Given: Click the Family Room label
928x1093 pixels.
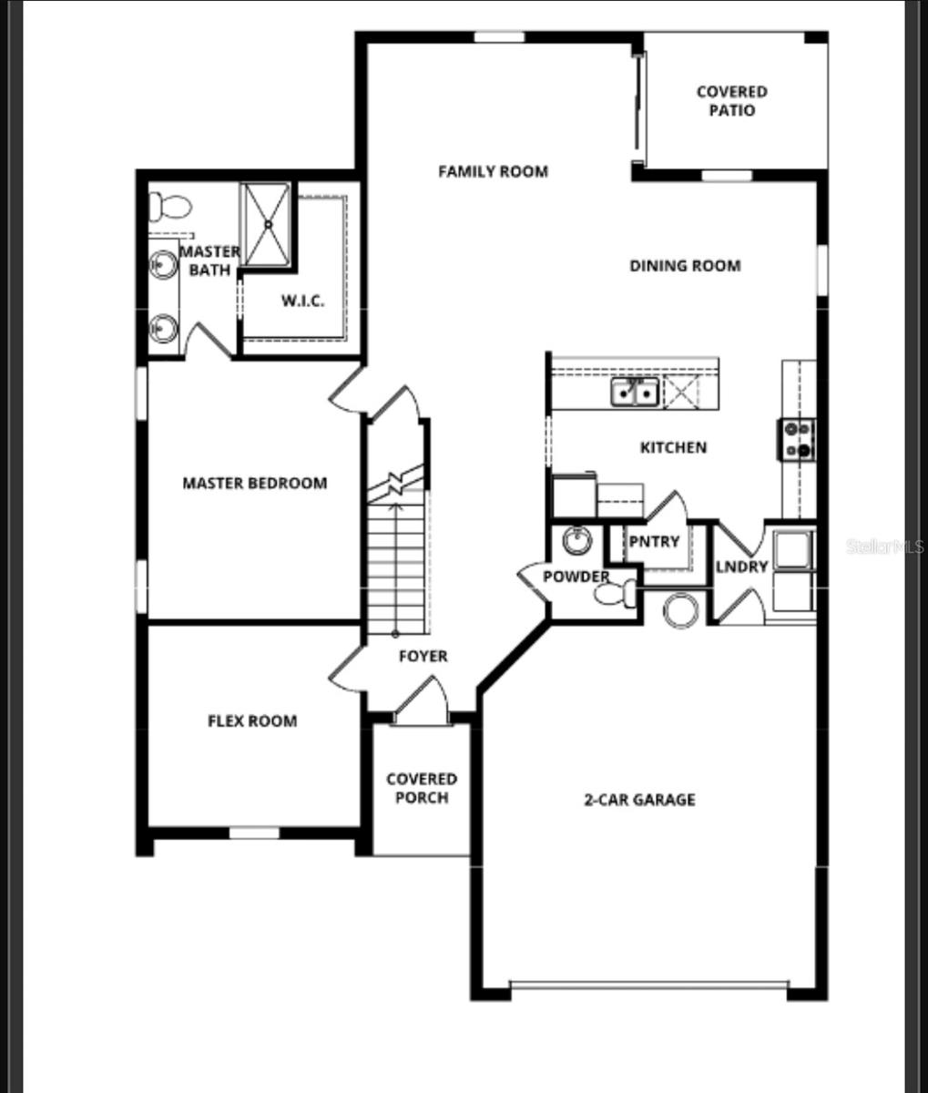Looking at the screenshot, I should [493, 171].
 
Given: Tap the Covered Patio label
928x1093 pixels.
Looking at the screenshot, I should [731, 101].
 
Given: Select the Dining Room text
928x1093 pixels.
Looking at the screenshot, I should [685, 266].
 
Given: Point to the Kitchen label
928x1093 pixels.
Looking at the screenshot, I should [673, 447].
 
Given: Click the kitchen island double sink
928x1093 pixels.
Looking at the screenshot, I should [635, 393].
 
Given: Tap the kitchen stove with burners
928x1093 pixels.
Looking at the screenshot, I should [796, 439].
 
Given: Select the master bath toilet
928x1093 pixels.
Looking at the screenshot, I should [169, 207].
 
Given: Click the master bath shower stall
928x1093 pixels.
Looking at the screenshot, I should [266, 224].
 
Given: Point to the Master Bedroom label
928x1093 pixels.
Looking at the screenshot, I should [254, 483].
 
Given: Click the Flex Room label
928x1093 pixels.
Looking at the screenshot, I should [252, 721].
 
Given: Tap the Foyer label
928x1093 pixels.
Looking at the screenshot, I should [423, 656].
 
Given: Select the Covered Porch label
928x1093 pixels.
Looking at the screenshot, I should [422, 789].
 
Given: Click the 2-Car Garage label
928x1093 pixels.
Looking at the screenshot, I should [639, 800].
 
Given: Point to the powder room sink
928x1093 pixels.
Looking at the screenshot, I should [576, 541].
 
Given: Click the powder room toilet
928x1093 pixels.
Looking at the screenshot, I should [617, 595].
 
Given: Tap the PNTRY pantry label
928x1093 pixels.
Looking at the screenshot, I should [654, 542].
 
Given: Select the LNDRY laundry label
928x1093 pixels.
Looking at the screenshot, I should [741, 567].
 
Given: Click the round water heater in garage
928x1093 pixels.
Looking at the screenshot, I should [680, 609].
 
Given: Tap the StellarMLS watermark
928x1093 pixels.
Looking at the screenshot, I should [885, 546].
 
